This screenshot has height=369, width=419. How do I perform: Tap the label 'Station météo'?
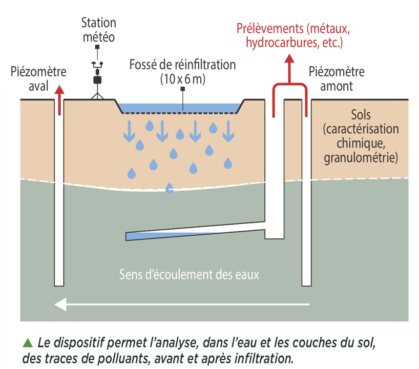98,30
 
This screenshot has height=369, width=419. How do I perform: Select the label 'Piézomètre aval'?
36,77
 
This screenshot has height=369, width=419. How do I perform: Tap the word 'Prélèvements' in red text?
268,28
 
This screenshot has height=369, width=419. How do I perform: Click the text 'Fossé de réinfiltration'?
183,65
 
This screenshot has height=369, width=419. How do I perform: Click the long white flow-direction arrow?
182,305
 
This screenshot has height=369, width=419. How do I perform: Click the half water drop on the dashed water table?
169,189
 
